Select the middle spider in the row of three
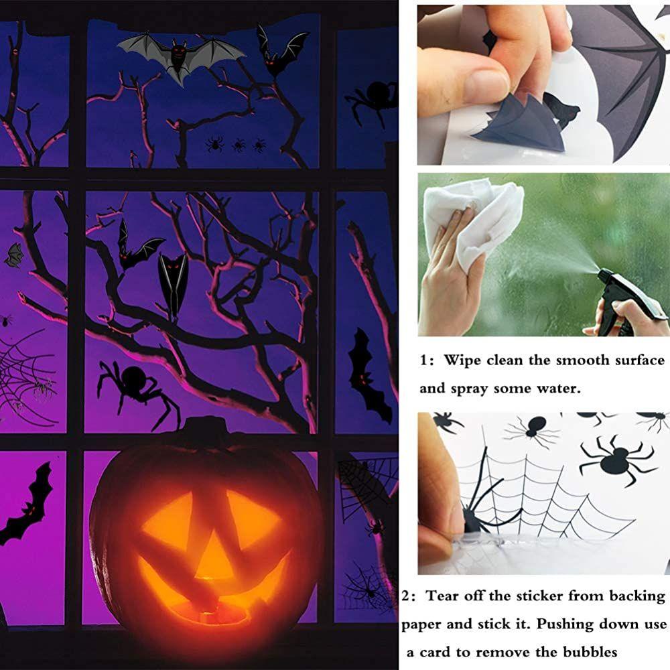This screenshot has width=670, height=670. (239, 144)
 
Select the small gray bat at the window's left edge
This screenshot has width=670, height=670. (13, 255)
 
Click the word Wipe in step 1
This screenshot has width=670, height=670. (463, 360)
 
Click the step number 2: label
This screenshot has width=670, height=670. (410, 596)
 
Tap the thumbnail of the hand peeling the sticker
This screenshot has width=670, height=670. (543, 85)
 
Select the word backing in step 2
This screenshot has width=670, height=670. (630, 596)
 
